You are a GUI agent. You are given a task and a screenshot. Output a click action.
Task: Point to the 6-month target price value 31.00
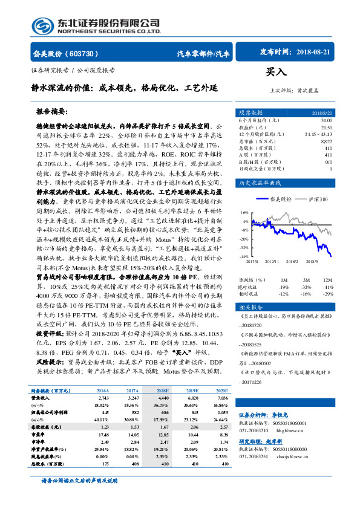(327, 120)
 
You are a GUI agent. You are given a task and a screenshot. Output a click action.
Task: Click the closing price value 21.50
(327, 127)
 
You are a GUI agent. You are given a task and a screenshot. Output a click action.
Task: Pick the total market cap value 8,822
(327, 141)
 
